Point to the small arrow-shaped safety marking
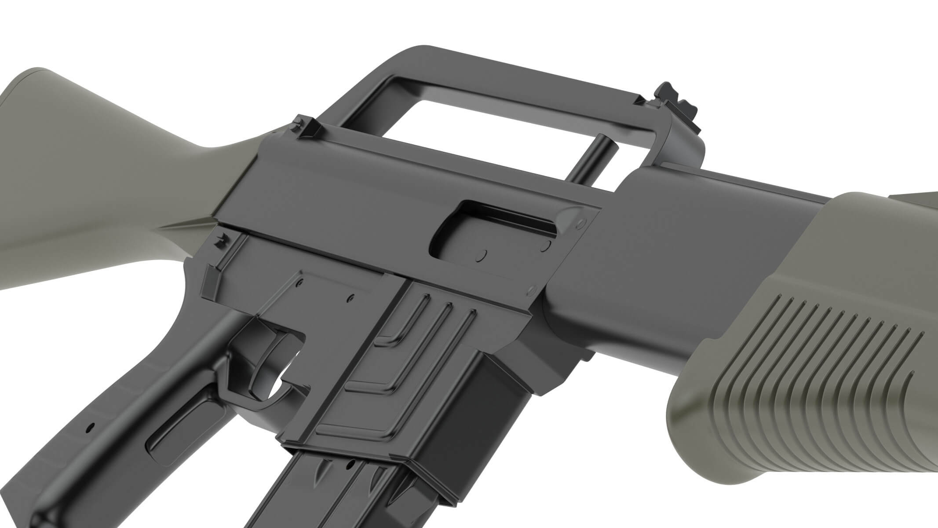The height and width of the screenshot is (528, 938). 220,240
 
